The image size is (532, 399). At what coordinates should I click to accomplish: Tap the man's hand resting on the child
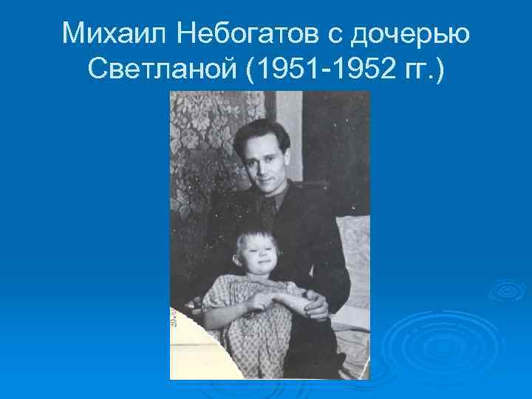[x=316, y=303]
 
